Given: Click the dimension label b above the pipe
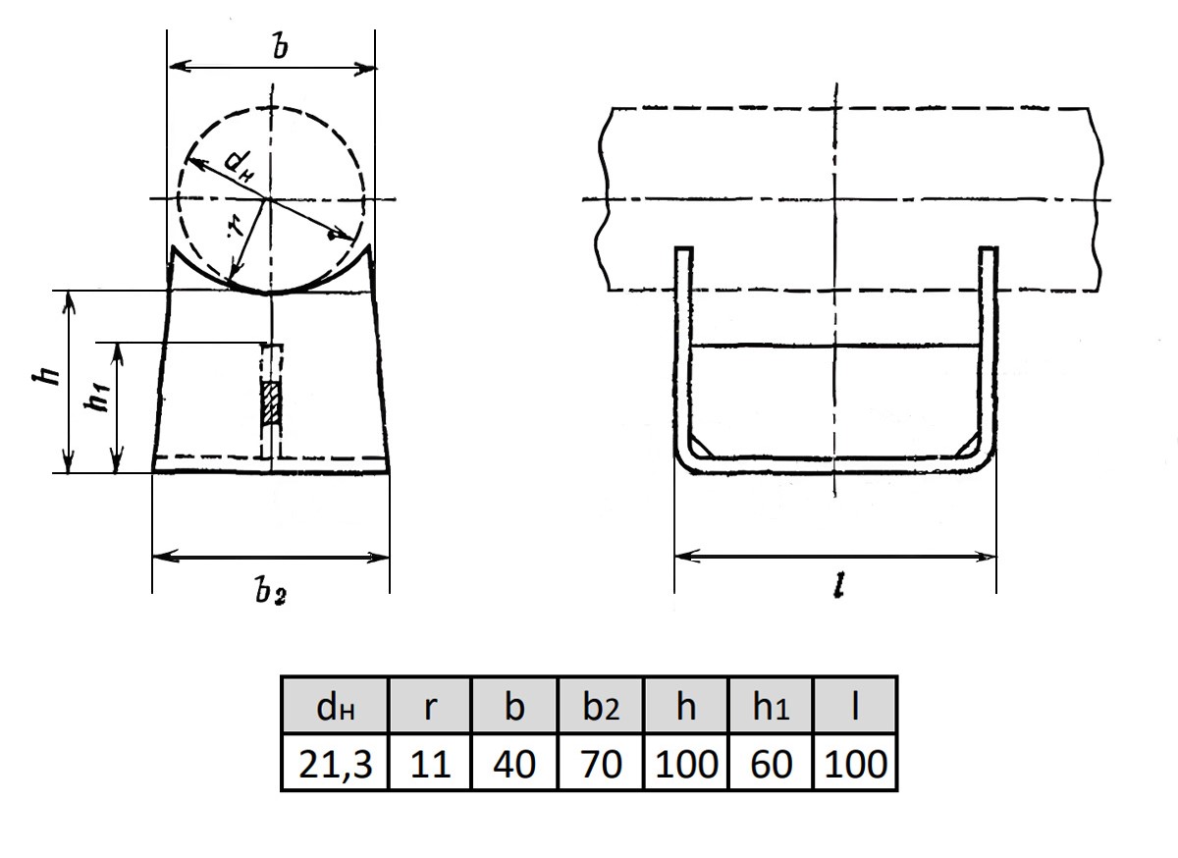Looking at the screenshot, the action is coord(281,46).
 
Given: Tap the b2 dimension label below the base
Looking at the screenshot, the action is coord(271,592).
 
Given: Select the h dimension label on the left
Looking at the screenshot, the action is coord(46,375).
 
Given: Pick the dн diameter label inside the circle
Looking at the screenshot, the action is coord(240,167).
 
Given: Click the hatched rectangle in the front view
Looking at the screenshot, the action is coord(272,402).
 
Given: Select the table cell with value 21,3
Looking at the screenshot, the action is coord(336,762).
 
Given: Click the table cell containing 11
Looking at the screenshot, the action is coord(430,762).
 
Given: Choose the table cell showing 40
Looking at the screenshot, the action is coord(514,762).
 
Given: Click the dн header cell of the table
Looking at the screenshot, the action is coord(336,705).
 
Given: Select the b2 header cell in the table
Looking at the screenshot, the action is coord(601,705).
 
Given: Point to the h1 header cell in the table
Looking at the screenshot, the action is coord(771,705).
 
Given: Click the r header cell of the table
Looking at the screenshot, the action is coord(430,705).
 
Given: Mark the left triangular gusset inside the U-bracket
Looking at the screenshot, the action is coord(697,448).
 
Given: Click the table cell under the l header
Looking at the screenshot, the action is coord(855,762).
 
